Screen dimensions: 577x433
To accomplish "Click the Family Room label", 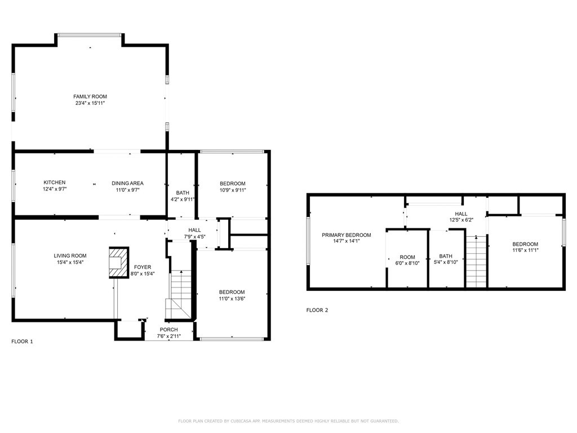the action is coord(90,96).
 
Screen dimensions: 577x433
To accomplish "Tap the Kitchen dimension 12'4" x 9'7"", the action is coord(55,189).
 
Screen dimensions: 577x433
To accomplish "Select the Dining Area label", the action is coord(128,183).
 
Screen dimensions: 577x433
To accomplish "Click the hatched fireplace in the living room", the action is coord(119,263).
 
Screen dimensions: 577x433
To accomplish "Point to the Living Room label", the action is coord(70,255).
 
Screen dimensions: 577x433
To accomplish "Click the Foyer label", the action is coord(143,267).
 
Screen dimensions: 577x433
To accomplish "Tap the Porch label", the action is coord(169,329).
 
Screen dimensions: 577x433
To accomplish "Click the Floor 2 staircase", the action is coord(477,262).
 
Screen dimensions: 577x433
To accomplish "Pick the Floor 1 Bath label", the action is coord(183,193).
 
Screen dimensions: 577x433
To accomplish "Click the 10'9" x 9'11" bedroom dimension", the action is coord(233,190).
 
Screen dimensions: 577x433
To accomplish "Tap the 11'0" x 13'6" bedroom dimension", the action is coord(232,299).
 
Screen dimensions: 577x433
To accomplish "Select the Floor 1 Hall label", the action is coord(194,230).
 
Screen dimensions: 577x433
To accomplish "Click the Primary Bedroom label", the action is coord(347,235).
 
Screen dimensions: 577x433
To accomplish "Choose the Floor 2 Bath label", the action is coord(446,256).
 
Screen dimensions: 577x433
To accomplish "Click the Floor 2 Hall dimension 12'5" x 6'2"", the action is coord(461,220).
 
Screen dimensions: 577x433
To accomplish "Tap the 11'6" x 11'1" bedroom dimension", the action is coord(525,250).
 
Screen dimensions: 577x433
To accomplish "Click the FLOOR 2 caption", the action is coord(317,310).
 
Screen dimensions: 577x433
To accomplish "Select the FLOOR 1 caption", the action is coord(22,341).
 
